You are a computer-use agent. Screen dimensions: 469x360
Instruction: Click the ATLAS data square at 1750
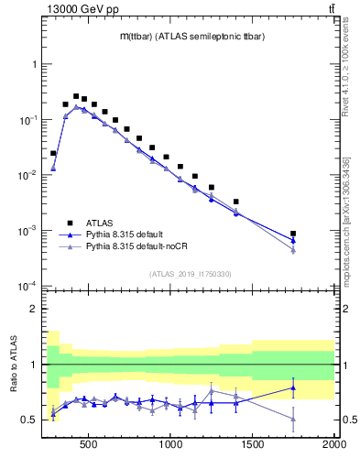point(293,234)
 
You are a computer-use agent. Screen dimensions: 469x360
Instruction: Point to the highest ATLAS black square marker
point(76,96)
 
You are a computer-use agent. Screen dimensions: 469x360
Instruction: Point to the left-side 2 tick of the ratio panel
point(33,309)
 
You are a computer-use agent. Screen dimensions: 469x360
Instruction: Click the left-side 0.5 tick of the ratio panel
point(29,420)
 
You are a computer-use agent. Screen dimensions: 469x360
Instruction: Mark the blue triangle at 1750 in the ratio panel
point(293,387)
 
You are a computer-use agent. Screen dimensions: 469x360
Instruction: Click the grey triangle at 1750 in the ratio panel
point(293,419)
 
